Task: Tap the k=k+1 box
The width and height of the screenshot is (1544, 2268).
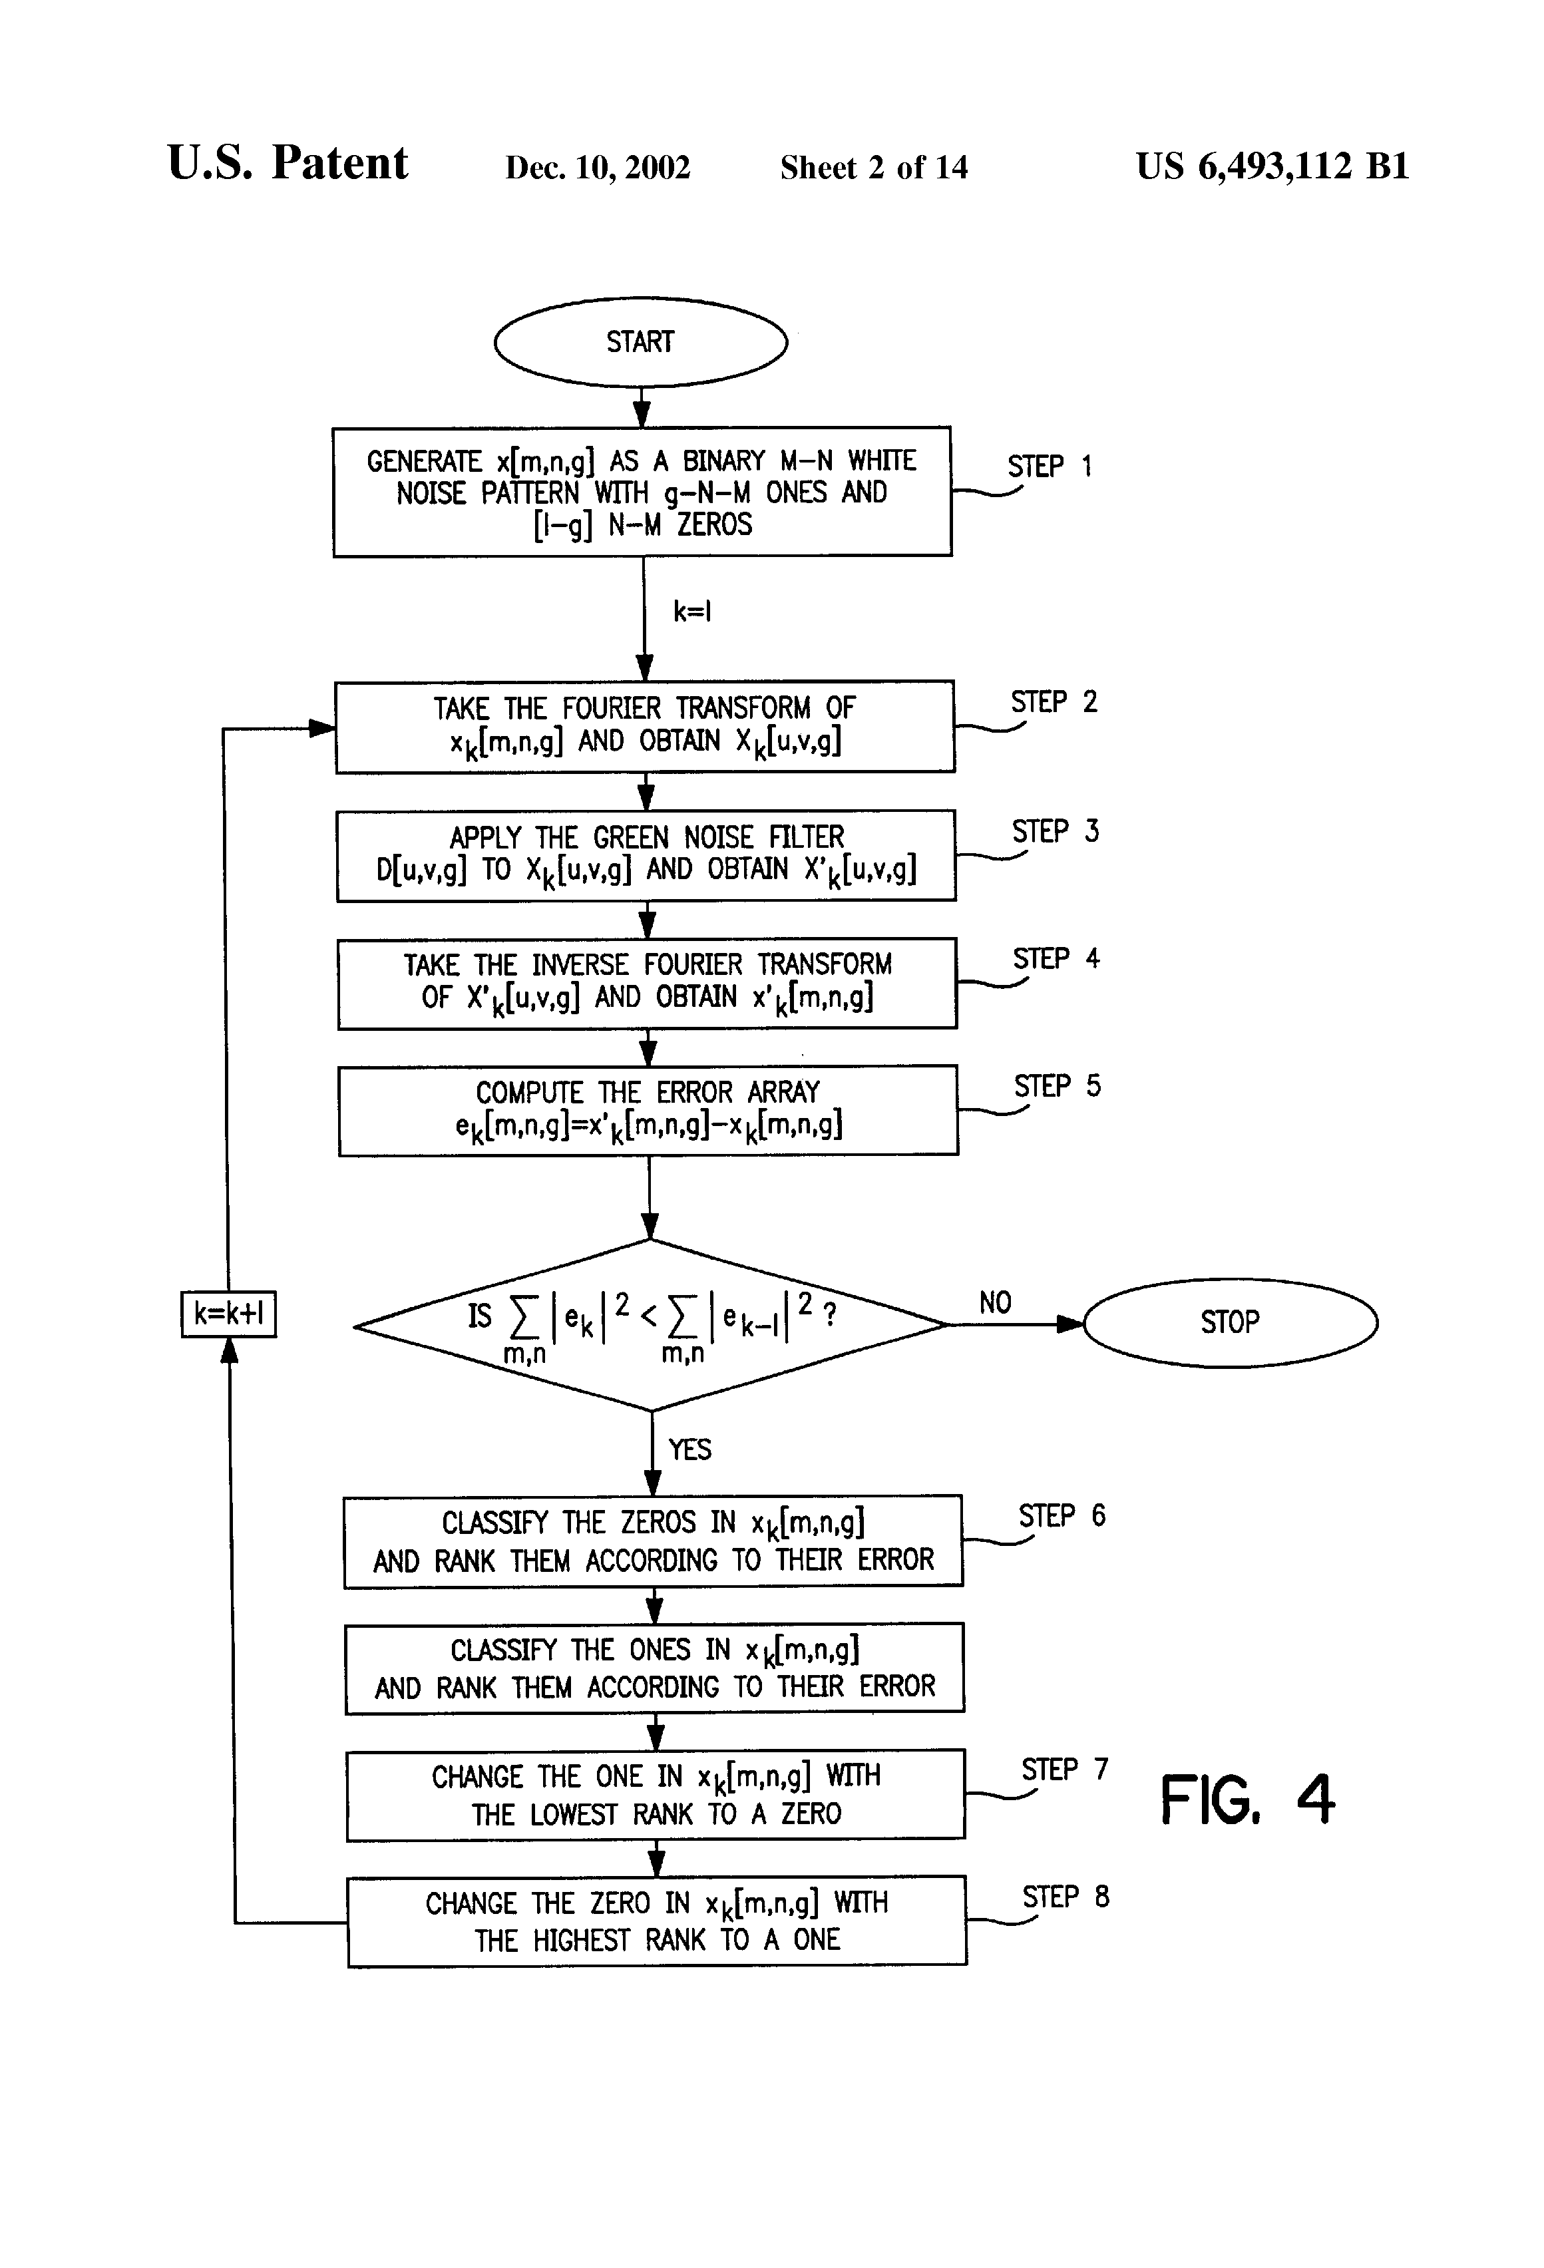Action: tap(228, 1314)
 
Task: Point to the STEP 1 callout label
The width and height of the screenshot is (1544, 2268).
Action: tap(1049, 467)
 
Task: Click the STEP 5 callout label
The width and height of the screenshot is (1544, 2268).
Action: tap(1057, 1086)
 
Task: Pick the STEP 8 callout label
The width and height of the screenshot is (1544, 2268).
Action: tap(1065, 1896)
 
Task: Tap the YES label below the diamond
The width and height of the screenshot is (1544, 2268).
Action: tap(689, 1449)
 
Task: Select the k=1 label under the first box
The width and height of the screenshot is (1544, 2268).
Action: tap(692, 612)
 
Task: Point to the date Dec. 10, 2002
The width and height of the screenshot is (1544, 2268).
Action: tap(597, 167)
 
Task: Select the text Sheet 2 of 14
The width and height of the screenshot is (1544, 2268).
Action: tap(874, 167)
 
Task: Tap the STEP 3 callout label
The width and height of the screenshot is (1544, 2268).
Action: tap(1055, 831)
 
